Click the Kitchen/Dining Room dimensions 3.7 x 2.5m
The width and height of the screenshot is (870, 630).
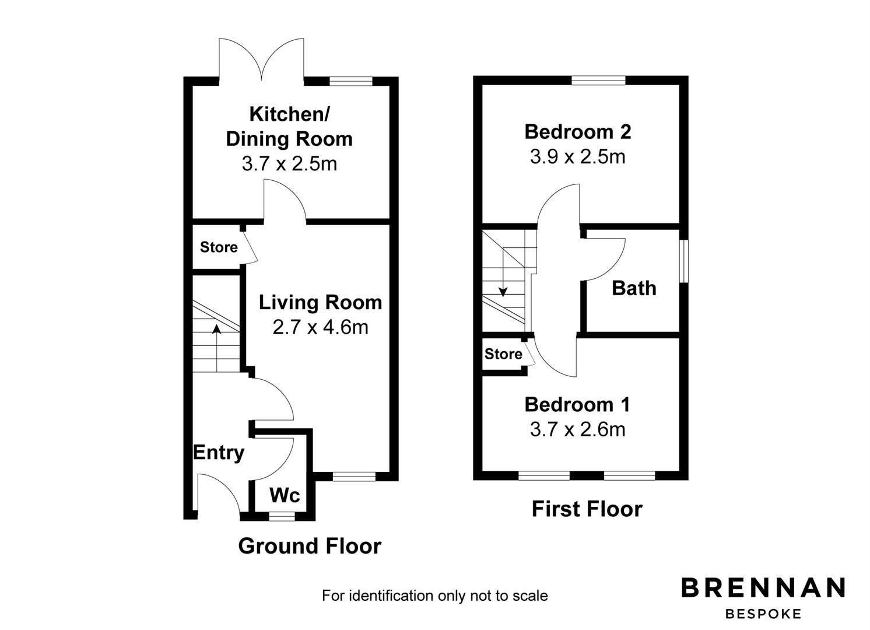click(x=289, y=163)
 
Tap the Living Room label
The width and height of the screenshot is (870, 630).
click(x=321, y=302)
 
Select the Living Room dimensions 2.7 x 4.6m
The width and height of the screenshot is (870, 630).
click(x=321, y=327)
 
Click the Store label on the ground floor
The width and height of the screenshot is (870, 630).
click(x=219, y=247)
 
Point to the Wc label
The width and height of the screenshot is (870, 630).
click(x=285, y=495)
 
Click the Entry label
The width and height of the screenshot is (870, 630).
click(x=219, y=453)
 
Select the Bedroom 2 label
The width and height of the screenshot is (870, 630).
click(x=577, y=132)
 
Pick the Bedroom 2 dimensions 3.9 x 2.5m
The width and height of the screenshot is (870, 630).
click(x=577, y=157)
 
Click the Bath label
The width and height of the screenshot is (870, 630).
click(x=634, y=288)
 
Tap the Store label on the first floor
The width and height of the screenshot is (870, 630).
click(x=503, y=353)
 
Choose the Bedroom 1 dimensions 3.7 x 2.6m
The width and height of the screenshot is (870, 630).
click(x=577, y=430)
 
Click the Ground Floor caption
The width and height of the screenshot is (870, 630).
click(x=310, y=545)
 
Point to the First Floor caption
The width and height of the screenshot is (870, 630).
click(x=587, y=509)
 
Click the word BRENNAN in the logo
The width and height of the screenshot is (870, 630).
click(x=763, y=587)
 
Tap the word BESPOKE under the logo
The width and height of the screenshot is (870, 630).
click(x=763, y=614)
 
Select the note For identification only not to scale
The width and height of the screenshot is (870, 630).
click(x=435, y=596)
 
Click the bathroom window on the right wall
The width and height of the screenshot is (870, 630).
click(x=684, y=261)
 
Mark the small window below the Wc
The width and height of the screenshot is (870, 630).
click(x=282, y=516)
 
